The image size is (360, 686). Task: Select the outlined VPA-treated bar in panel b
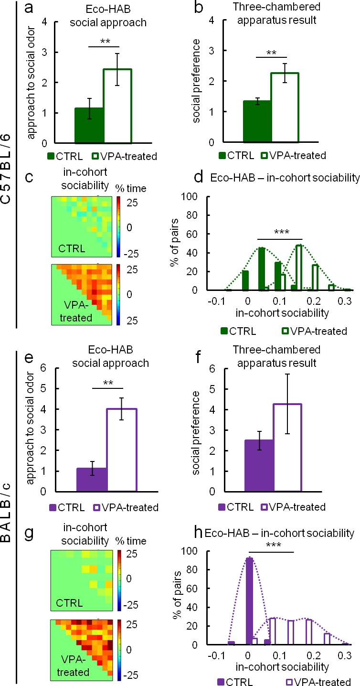pyautogui.click(x=286, y=108)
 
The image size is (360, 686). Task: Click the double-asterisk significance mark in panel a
pyautogui.click(x=104, y=42)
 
